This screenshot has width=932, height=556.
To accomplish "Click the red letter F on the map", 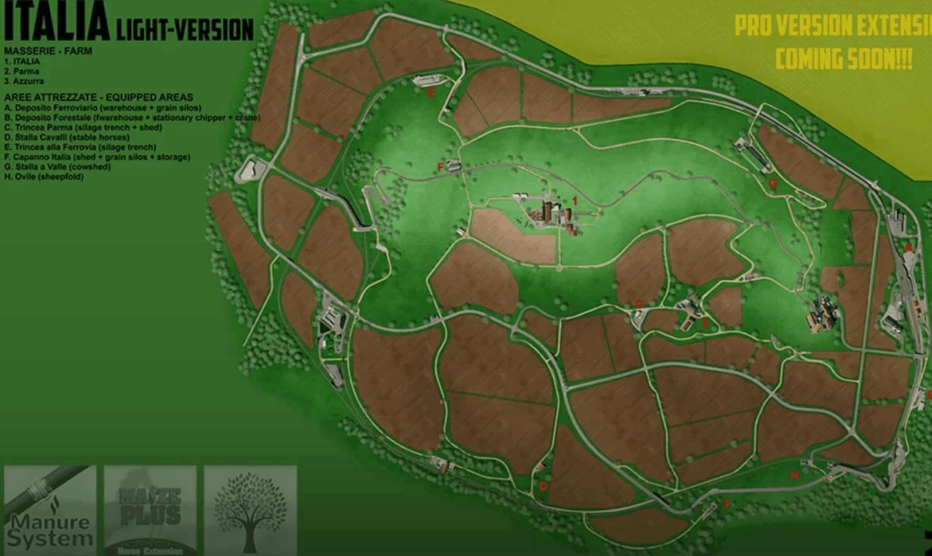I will point(441,167).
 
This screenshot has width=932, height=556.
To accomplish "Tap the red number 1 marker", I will point(575,201).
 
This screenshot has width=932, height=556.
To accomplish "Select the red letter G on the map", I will point(772,183).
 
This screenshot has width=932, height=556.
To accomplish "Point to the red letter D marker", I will point(543,486).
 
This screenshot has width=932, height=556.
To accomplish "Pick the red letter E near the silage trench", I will point(431,93).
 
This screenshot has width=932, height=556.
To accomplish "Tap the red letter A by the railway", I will point(908,247).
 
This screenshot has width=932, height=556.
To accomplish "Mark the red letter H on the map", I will point(795,476).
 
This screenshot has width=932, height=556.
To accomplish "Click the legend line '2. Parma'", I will point(22,71).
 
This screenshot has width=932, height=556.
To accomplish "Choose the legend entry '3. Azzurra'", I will point(24,81).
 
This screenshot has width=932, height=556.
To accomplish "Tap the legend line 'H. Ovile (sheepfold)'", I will point(44,177).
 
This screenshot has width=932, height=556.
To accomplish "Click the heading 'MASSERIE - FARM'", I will point(48,51).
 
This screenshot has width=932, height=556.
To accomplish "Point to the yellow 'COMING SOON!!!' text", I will point(844,59).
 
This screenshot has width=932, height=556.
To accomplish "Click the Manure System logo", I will point(50,510).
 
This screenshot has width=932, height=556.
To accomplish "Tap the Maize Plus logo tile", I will point(150,510).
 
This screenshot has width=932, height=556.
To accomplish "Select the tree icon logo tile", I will point(250,510).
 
